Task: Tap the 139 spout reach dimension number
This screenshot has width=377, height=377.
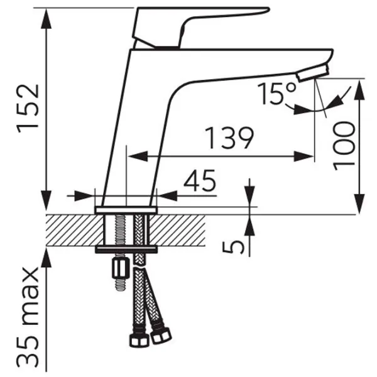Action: click(229, 138)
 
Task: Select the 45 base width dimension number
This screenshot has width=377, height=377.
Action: click(200, 180)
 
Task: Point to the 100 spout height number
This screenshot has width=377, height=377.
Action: click(344, 146)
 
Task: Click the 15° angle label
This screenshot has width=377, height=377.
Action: click(276, 94)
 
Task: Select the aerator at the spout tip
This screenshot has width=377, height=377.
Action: click(312, 73)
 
